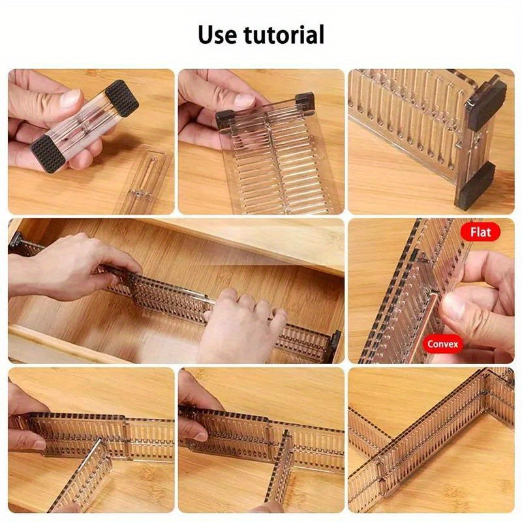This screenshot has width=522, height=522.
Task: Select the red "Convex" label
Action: click(444, 343)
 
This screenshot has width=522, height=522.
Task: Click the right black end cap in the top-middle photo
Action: click(304, 101)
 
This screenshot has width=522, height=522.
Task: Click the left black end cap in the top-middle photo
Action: click(225, 118)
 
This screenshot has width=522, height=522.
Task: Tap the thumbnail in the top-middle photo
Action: click(244, 100)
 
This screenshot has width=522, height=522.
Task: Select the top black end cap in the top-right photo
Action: click(487, 100)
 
